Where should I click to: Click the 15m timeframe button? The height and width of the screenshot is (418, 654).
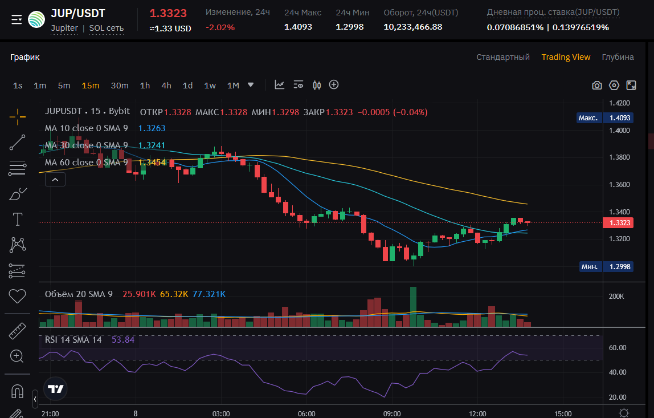point(90,86)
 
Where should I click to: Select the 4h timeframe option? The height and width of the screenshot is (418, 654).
point(166,86)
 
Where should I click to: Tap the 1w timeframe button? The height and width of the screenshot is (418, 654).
point(210,86)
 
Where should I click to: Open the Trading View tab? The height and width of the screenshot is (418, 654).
point(566,57)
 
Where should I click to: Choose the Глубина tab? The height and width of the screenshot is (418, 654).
point(618,57)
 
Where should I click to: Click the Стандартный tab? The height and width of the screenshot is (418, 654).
point(503,57)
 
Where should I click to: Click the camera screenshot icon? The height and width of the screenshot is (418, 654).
point(596,86)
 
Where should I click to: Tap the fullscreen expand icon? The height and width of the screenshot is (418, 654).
point(631,86)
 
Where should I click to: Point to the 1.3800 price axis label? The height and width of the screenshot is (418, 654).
point(619,157)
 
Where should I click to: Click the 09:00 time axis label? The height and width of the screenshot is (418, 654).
point(392,413)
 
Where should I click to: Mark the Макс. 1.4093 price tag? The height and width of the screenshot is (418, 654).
point(604,118)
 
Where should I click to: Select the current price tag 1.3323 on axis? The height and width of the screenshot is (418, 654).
point(619,223)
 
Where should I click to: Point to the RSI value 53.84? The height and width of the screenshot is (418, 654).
point(123,339)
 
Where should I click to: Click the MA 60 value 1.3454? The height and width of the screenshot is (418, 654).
point(152,163)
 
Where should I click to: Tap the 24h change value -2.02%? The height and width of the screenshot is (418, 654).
point(220,27)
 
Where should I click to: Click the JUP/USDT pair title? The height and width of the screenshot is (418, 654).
point(78,14)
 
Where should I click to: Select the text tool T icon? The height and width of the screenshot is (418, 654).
point(18,219)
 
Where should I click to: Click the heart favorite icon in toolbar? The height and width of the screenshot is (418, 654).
point(18,296)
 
